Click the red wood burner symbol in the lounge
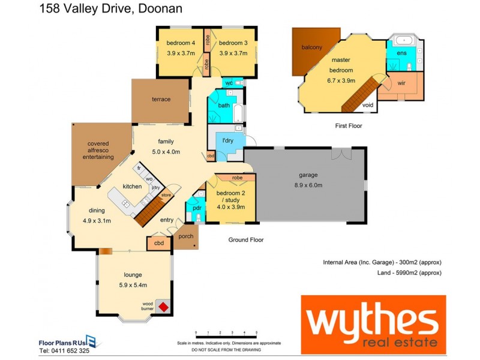162,307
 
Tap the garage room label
311,175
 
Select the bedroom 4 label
181,43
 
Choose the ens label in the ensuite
401,53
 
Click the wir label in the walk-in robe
401,82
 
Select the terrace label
161,99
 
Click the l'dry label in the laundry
228,140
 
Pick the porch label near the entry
186,236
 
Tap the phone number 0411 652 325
64,350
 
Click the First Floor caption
349,126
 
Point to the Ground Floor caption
245,240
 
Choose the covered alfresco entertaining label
98,150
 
